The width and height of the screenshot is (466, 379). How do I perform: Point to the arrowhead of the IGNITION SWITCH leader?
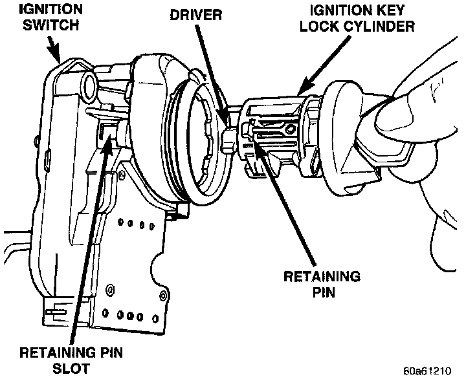(x=58, y=59)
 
